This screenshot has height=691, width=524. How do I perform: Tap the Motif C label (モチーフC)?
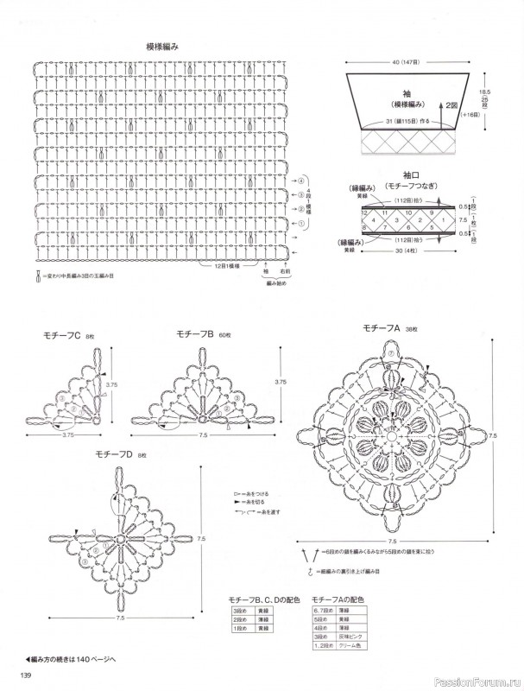pyautogui.click(x=61, y=335)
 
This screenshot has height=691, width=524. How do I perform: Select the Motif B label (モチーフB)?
pyautogui.click(x=194, y=333)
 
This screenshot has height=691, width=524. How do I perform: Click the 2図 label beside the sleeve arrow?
pyautogui.click(x=451, y=106)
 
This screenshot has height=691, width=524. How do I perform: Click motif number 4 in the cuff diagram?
pyautogui.click(x=375, y=219)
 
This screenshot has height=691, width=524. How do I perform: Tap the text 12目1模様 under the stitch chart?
pyautogui.click(x=228, y=266)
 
